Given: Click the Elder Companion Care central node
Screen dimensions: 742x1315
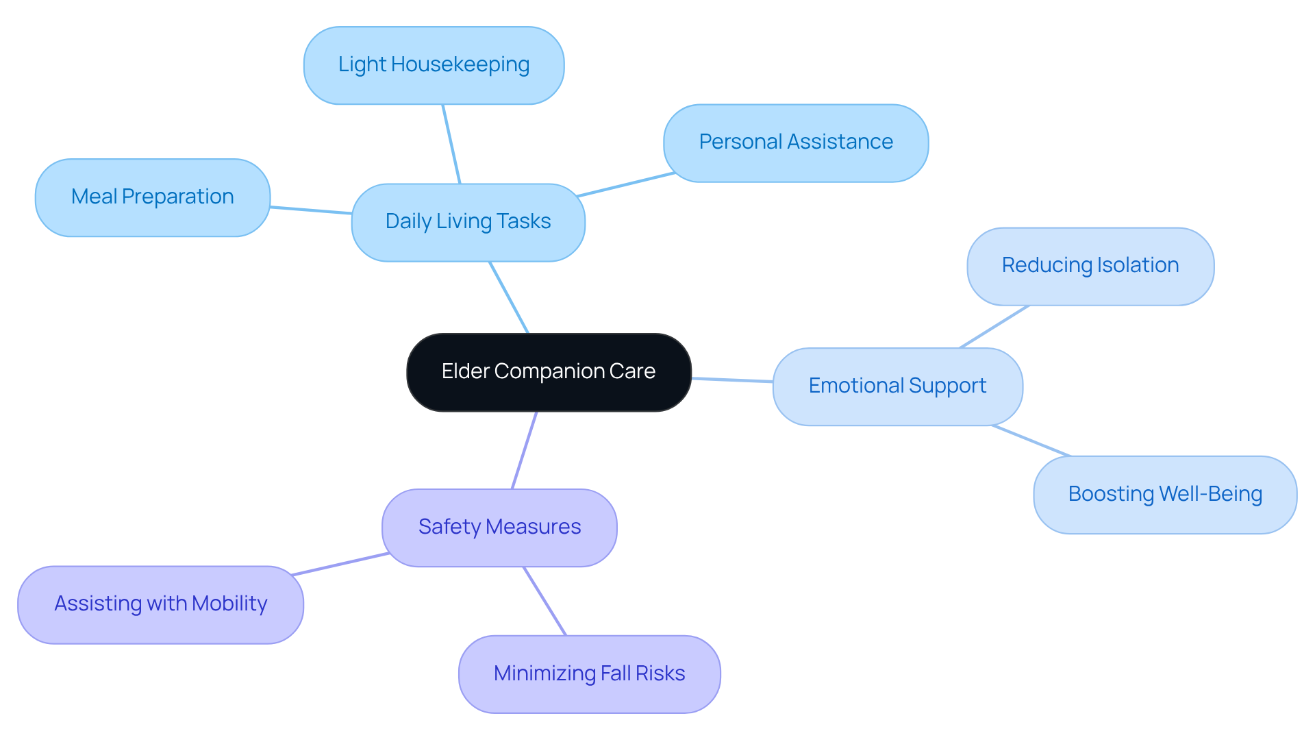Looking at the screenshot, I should click(x=549, y=372).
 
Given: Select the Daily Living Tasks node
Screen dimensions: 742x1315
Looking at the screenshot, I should click(x=468, y=222).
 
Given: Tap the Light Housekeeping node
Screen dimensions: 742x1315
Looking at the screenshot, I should click(x=434, y=65).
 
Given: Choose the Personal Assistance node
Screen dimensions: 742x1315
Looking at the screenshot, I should click(x=796, y=143).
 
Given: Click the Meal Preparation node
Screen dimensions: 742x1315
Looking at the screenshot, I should click(x=152, y=197).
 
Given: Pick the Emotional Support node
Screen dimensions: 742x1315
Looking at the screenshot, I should click(x=897, y=386).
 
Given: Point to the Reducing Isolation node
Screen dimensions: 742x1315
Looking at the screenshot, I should click(x=1090, y=266).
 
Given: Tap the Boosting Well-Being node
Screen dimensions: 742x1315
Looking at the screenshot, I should click(x=1165, y=495).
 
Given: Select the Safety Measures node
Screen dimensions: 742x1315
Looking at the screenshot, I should click(x=499, y=528).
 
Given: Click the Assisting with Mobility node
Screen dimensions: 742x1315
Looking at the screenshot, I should click(x=160, y=604).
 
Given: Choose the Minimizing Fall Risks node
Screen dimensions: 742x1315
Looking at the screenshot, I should click(x=589, y=674).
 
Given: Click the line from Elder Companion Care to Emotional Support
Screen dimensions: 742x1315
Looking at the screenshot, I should click(x=732, y=380).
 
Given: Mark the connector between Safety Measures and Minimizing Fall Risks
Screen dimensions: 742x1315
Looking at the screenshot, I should click(x=545, y=602).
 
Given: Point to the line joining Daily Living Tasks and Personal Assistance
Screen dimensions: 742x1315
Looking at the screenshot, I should click(x=626, y=185).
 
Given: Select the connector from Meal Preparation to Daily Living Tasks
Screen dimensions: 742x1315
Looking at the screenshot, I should click(x=311, y=210).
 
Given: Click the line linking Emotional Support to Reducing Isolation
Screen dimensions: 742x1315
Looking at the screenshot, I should click(x=994, y=327).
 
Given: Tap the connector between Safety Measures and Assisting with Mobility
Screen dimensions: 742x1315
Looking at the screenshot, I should click(x=340, y=564).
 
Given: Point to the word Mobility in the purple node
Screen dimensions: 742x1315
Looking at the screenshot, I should click(x=229, y=604).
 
